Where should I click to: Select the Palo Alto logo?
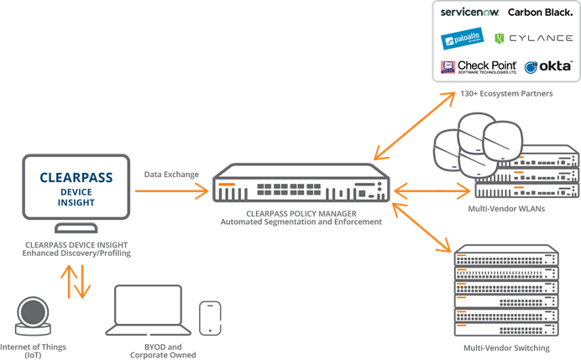pos(460,39)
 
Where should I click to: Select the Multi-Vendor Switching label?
pos(506,347)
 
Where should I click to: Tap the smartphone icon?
pos(210,318)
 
